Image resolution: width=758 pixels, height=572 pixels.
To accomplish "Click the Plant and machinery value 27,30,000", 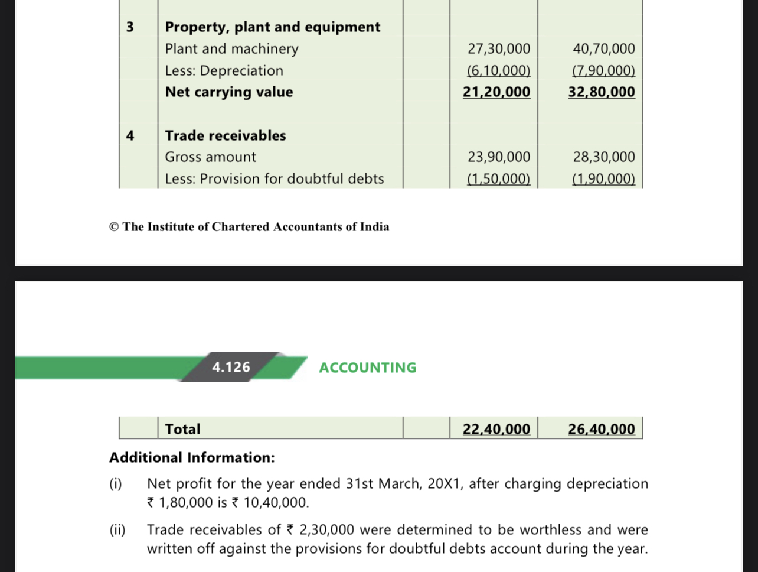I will click(499, 49).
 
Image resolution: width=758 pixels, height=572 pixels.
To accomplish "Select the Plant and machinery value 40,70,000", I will click(604, 49).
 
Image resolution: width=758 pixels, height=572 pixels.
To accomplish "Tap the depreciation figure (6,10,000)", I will click(499, 71).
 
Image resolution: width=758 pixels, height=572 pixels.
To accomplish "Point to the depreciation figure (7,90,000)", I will click(604, 71).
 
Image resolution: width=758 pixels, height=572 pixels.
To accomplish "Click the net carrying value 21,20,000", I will click(496, 92).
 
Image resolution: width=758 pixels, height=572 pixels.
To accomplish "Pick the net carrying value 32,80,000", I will click(602, 92).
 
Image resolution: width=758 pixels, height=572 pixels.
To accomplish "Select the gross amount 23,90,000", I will click(499, 157).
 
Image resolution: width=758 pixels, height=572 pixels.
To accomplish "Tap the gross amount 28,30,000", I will click(604, 157).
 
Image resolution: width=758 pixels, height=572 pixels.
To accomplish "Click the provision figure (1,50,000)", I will click(499, 179).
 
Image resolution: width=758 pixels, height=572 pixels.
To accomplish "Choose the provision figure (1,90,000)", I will click(604, 179).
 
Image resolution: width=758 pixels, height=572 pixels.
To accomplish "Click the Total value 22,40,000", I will click(496, 429).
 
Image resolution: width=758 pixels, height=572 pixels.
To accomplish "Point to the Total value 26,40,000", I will click(602, 429).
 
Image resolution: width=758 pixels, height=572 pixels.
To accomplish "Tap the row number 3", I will click(130, 27).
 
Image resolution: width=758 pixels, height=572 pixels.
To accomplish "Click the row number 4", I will click(130, 136).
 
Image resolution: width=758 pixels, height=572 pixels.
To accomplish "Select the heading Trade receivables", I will click(226, 136).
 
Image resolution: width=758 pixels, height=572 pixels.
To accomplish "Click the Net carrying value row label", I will click(229, 92).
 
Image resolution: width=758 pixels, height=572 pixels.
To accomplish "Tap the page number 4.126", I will click(231, 368).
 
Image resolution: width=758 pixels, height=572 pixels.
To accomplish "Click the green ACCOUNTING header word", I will click(368, 368).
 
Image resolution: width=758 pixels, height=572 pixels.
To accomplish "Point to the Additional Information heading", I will click(192, 458).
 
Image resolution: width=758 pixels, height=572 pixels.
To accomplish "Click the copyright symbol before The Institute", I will click(115, 227).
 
